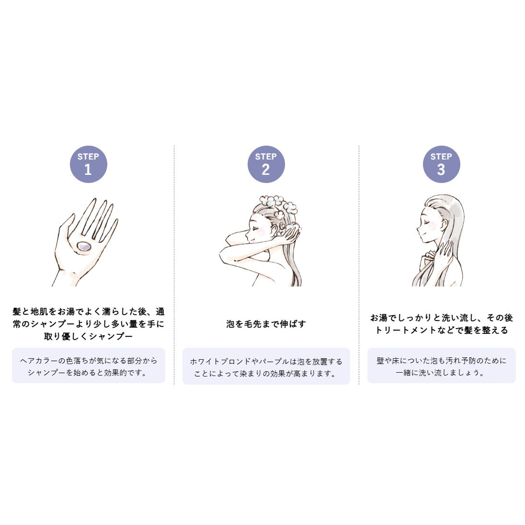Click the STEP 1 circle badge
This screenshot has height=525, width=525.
point(89,164)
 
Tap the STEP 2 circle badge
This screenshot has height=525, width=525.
point(266,164)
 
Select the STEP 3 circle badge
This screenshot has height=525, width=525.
point(441,164)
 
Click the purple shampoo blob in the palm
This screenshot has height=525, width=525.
point(83,246)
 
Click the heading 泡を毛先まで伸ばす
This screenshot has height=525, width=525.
point(266,324)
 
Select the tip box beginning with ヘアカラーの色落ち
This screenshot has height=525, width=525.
point(89,365)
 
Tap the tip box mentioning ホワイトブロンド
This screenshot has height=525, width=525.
point(266,366)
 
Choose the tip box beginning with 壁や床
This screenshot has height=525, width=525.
point(441,365)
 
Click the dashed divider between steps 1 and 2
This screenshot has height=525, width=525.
point(174,265)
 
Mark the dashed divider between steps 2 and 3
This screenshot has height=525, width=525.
point(359,265)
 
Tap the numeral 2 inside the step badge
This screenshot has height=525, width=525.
point(266,170)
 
